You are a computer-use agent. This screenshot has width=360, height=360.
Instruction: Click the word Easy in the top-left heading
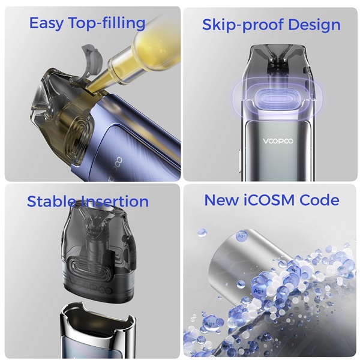point(46,23)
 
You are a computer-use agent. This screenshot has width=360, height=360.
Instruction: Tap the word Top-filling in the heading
point(107,23)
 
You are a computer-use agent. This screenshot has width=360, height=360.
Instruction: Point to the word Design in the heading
point(314,25)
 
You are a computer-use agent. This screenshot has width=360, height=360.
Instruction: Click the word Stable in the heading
point(51,202)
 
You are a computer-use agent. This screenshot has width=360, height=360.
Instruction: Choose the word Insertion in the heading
point(115,202)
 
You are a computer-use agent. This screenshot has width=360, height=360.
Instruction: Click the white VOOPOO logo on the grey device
point(278,141)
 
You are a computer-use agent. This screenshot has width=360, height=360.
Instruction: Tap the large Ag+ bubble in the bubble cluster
point(259,290)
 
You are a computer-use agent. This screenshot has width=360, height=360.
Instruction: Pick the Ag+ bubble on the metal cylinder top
point(241,236)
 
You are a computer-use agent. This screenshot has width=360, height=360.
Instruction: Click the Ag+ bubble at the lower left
point(210,323)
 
